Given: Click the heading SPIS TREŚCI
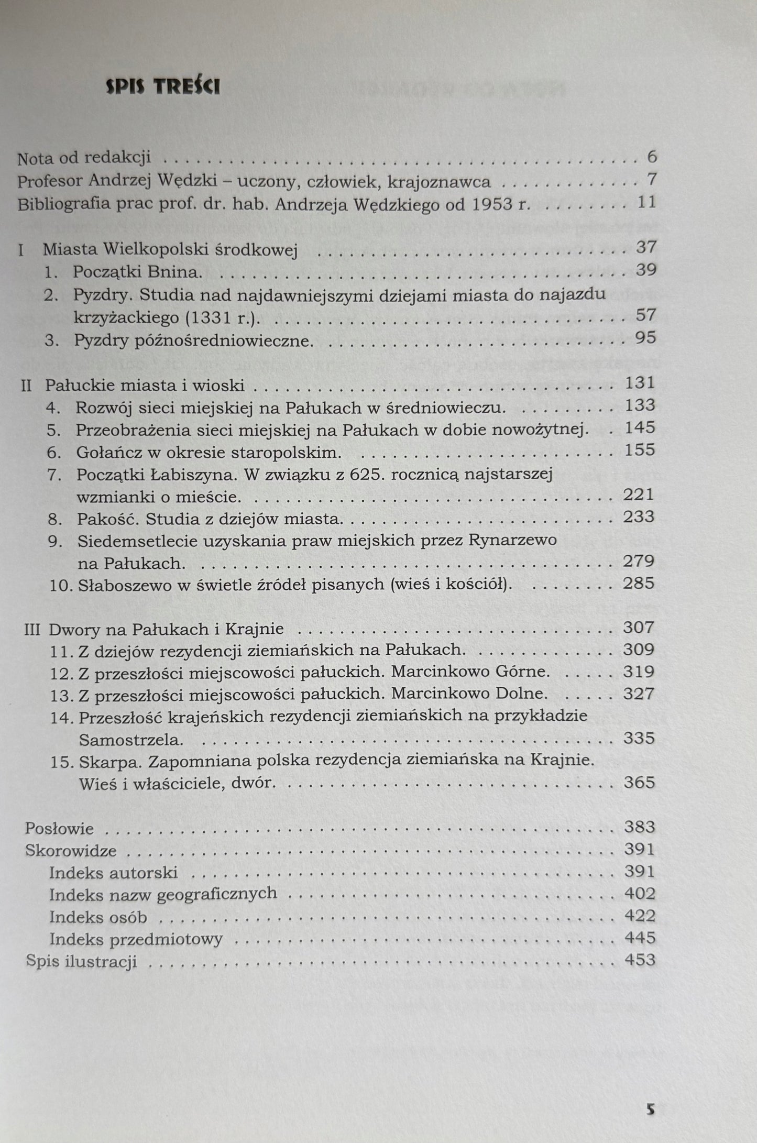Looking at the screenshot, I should coord(162,87).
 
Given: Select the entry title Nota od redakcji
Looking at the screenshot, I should coord(84,157).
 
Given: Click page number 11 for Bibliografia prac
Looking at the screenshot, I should coord(647,203).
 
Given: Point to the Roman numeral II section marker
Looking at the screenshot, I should coord(26,386).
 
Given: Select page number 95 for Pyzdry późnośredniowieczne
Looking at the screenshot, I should coord(645,338).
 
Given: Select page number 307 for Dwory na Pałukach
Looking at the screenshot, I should coord(639,628).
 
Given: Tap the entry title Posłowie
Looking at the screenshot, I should coord(59,829).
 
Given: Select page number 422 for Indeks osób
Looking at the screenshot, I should coord(640,916).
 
